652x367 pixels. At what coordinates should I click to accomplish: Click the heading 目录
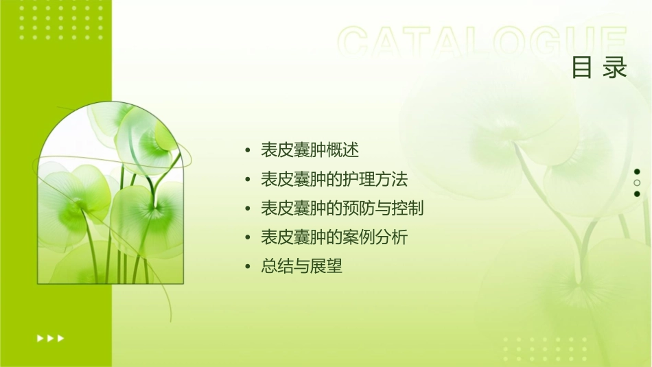pyautogui.click(x=600, y=68)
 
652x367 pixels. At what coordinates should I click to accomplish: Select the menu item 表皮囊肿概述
pyautogui.click(x=310, y=150)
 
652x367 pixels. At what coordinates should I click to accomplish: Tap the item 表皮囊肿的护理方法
pyautogui.click(x=334, y=180)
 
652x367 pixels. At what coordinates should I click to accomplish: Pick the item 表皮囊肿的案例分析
pyautogui.click(x=334, y=238)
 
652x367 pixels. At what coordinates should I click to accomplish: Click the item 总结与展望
pyautogui.click(x=301, y=267)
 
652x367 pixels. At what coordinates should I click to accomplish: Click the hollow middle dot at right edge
pyautogui.click(x=637, y=183)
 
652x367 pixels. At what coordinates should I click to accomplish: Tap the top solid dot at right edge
pyautogui.click(x=637, y=171)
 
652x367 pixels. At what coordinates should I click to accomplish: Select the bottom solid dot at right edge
pyautogui.click(x=637, y=194)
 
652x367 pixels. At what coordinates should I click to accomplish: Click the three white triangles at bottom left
pyautogui.click(x=50, y=338)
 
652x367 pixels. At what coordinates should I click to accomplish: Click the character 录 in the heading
pyautogui.click(x=616, y=68)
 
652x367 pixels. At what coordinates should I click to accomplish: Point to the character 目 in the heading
pyautogui.click(x=583, y=68)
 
